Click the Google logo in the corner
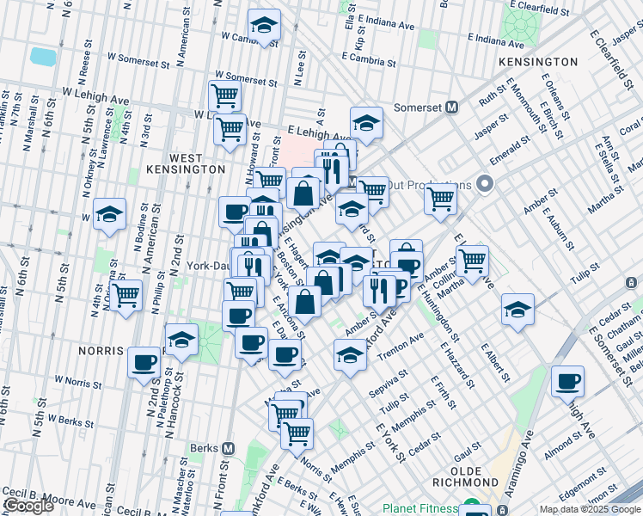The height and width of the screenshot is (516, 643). [x=29, y=507]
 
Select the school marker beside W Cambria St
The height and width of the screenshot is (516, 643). [x=264, y=26]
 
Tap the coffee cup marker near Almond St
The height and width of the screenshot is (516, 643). [x=566, y=381]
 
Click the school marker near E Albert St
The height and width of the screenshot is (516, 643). [x=517, y=310]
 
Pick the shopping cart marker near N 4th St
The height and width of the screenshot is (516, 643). [x=126, y=296]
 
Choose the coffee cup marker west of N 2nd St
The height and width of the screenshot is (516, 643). [x=144, y=361]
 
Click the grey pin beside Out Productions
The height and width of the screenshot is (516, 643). [x=484, y=184]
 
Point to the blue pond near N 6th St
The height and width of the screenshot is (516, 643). [x=42, y=57]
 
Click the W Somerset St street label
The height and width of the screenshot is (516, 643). [x=138, y=60]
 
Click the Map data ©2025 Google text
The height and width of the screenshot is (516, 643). [x=590, y=509]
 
